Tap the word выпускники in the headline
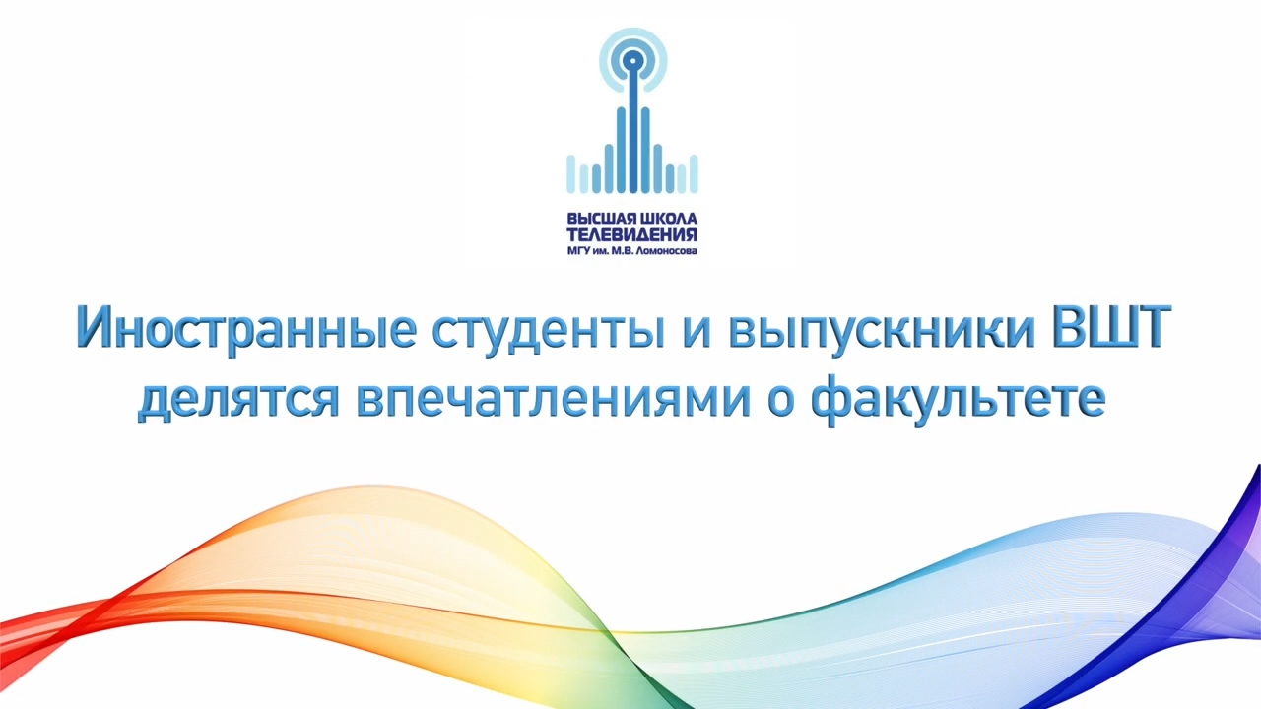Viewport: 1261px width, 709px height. coord(882,332)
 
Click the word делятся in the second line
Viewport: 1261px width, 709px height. coord(238,401)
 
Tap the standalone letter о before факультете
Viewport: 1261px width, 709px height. coord(781,402)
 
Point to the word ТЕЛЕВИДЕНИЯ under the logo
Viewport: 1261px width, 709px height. coord(631,235)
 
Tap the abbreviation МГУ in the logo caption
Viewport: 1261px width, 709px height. coord(578,251)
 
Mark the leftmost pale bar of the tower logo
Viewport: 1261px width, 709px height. coord(570,174)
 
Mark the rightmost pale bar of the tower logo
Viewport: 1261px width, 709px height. coord(694,174)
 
